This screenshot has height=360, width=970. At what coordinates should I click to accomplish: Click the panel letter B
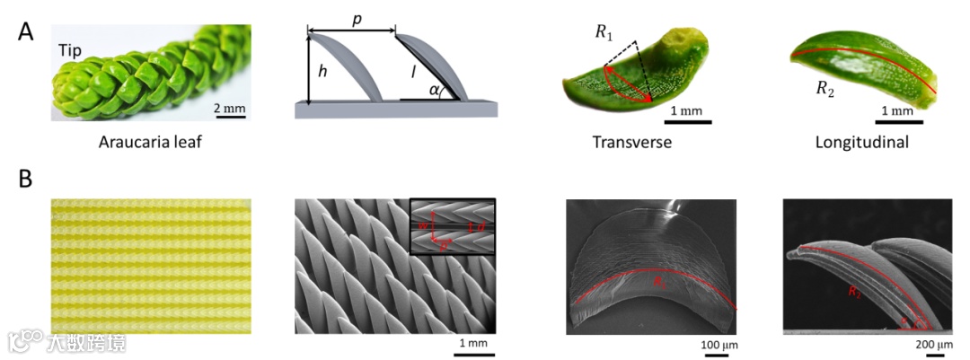coord(28,180)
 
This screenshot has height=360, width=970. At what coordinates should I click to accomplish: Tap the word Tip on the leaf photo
coord(72,51)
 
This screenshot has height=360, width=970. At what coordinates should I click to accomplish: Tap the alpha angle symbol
coord(435,91)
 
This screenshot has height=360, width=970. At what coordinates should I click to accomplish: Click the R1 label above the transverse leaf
coord(605,32)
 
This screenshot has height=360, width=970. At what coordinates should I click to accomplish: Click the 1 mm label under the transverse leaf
coord(689,110)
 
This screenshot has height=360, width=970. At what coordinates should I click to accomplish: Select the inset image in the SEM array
coord(452,226)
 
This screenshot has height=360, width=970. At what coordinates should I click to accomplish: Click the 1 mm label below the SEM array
coord(473,344)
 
